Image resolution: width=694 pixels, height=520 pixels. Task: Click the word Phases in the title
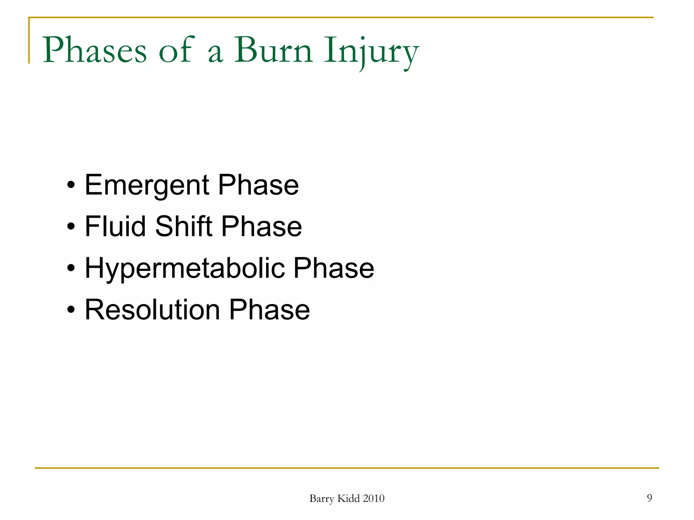(x=95, y=50)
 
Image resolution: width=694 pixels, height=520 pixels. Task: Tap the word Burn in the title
(x=273, y=50)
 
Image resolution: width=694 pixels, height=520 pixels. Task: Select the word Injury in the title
(x=371, y=51)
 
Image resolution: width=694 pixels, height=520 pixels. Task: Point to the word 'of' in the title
(x=176, y=50)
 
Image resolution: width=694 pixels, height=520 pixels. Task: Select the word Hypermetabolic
(x=185, y=268)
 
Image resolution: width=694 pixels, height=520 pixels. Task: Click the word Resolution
(x=152, y=309)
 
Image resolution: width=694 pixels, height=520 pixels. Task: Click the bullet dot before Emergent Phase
(x=71, y=186)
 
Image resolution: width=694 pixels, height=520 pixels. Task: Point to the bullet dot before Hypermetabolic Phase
(x=71, y=268)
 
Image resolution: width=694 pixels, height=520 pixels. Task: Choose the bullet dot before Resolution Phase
(x=71, y=310)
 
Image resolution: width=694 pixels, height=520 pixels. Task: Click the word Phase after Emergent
(x=258, y=185)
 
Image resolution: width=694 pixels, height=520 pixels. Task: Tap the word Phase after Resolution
(x=269, y=309)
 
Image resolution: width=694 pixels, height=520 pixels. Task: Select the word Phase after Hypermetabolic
(x=333, y=268)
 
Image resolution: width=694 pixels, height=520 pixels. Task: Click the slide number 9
(x=649, y=498)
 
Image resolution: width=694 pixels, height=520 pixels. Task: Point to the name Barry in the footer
(x=322, y=499)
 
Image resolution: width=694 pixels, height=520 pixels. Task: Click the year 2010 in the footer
(x=373, y=498)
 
